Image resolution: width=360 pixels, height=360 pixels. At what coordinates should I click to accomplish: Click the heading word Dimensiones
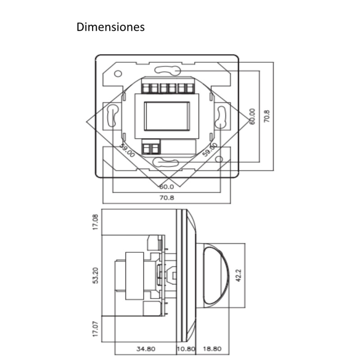[111, 27]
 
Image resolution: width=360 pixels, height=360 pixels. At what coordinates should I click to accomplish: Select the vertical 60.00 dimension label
[252, 117]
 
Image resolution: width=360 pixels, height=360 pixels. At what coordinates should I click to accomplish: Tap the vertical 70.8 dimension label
[267, 116]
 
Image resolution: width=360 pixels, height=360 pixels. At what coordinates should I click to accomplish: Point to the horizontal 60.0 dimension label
[166, 186]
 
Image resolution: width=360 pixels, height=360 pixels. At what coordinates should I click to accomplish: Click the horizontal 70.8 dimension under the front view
[166, 198]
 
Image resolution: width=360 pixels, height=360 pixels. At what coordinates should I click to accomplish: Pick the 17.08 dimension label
[95, 222]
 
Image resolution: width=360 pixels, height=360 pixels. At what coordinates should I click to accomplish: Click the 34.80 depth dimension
[145, 349]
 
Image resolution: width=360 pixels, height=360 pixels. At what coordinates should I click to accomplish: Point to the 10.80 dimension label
[185, 349]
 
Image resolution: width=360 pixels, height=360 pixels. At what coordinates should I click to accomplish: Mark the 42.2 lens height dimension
[239, 274]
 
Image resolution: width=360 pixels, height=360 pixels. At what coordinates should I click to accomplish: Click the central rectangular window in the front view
[166, 116]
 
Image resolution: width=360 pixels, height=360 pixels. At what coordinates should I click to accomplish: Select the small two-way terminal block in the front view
[152, 148]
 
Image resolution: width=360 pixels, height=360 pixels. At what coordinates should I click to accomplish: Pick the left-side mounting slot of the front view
[112, 117]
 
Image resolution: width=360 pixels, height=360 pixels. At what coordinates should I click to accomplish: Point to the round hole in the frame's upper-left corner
[118, 73]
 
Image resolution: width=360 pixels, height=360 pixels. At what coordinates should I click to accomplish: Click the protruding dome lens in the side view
[216, 274]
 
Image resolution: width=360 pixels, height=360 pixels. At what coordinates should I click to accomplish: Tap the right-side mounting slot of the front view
[221, 117]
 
